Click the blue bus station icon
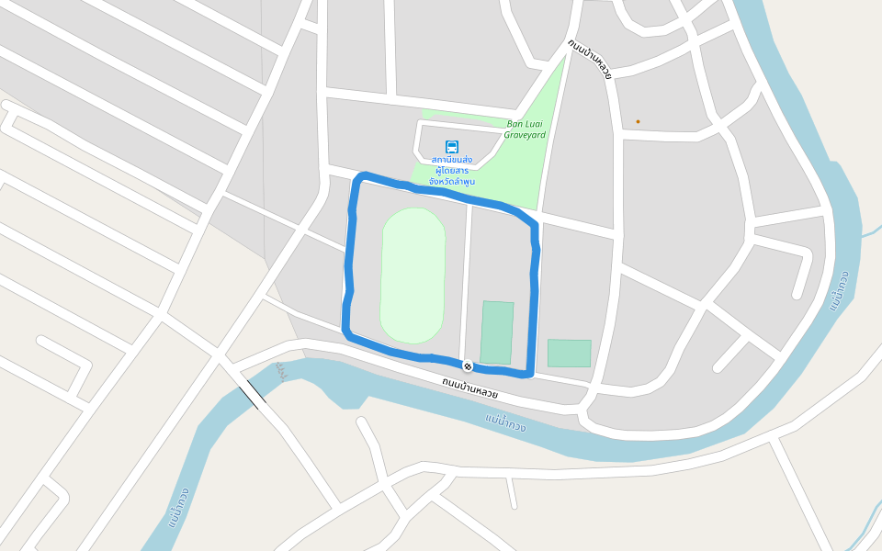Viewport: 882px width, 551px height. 452,147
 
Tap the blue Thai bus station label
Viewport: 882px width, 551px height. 451,171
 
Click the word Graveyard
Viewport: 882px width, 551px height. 525,135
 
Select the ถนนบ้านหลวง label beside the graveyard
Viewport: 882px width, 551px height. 589,59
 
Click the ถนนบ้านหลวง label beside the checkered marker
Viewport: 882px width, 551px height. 469,388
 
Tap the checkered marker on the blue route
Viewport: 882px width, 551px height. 468,366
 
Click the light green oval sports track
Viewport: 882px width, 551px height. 413,275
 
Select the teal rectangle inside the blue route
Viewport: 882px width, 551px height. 497,332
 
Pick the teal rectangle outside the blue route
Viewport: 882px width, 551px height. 570,353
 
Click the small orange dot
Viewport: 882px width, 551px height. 638,121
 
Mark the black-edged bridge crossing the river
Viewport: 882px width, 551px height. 253,397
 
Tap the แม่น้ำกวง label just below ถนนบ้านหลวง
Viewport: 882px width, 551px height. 505,423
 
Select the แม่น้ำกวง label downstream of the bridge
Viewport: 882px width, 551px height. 179,508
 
